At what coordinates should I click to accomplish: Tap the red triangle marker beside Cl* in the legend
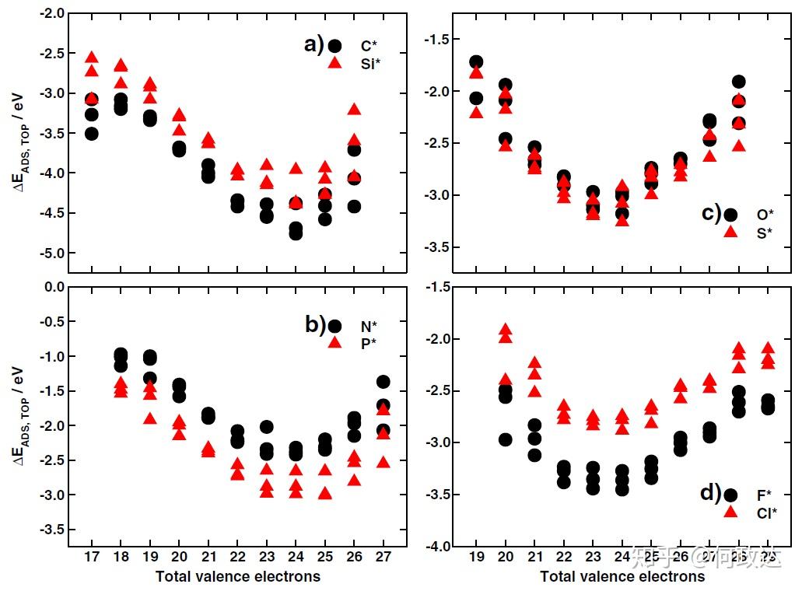pos(730,512)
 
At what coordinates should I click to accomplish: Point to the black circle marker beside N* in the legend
pos(334,327)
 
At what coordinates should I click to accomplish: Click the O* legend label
pos(765,214)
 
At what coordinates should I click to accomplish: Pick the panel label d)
pos(710,493)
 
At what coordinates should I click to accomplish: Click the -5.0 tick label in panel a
pos(48,253)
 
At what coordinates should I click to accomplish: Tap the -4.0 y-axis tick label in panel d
pos(437,547)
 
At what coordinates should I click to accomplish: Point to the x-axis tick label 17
pos(92,558)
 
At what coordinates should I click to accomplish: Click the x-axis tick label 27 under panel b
pos(383,558)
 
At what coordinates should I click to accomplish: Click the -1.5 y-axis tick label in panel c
pos(437,39)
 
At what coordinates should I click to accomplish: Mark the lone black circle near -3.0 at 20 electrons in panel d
pos(506,439)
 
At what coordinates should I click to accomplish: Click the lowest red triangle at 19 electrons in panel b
pos(150,418)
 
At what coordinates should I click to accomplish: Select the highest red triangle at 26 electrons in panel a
pos(354,109)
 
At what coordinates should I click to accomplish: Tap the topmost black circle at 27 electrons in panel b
pos(383,382)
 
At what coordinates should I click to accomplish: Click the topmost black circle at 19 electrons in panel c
pos(476,62)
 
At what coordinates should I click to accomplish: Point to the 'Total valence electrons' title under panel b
pos(237,576)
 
